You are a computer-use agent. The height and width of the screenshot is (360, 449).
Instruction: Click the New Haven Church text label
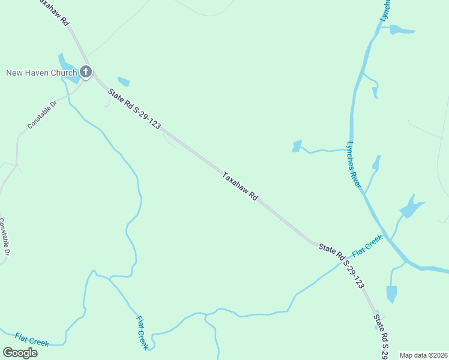(41, 73)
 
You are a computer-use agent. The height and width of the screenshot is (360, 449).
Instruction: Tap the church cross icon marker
(85, 73)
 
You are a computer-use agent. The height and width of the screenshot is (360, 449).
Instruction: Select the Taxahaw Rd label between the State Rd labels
(240, 187)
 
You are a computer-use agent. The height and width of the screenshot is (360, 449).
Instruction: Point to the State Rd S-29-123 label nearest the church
(134, 108)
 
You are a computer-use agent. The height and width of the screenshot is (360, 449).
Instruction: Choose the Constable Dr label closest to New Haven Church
(42, 115)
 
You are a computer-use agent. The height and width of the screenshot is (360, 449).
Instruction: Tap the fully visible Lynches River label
(354, 165)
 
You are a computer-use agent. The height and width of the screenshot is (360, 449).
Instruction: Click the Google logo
(20, 353)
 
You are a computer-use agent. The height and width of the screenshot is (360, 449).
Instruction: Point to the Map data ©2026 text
(423, 355)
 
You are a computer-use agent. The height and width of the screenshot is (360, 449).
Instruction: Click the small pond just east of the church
(124, 82)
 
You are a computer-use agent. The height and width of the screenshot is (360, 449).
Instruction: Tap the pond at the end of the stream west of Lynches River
(297, 146)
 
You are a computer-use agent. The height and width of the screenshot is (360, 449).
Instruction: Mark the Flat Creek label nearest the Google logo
(32, 339)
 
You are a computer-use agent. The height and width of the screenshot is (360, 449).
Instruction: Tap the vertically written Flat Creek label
(142, 333)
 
